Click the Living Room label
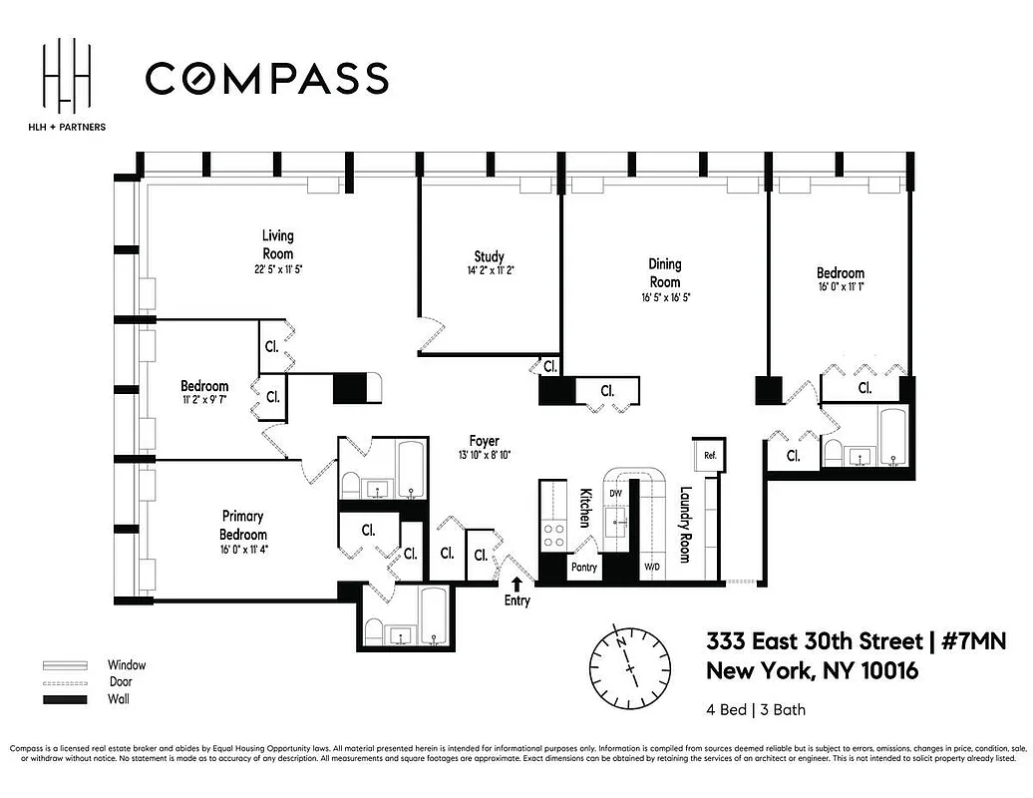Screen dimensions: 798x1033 [278, 244]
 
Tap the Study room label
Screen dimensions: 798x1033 [489, 256]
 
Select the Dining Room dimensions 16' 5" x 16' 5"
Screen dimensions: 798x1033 [665, 297]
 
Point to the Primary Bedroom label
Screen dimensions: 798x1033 [242, 525]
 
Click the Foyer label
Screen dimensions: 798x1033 [485, 441]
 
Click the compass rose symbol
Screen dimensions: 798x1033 [629, 664]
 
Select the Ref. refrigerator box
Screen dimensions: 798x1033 [710, 455]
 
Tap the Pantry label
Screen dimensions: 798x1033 [583, 568]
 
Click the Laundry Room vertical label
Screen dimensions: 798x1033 [685, 525]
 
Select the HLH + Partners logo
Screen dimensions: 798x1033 [69, 84]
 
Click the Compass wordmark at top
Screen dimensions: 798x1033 [266, 78]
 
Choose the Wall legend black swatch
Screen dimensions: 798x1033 [61, 699]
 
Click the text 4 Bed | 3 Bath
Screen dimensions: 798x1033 [756, 710]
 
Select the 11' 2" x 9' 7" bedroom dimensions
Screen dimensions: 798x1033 [204, 400]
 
